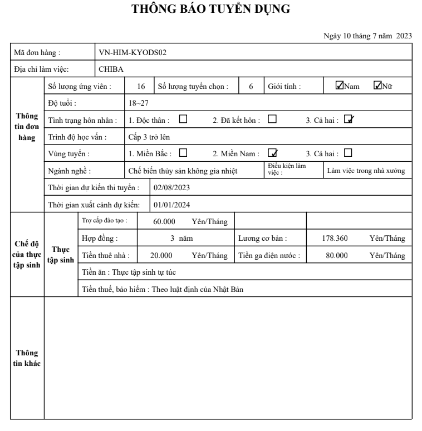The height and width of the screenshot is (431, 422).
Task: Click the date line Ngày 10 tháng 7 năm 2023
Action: click(x=367, y=36)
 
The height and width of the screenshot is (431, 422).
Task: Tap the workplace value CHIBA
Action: click(x=111, y=69)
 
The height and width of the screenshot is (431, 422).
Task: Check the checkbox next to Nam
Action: click(x=339, y=86)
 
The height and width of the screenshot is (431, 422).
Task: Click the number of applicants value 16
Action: click(x=141, y=86)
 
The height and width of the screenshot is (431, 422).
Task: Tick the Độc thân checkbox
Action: click(x=183, y=119)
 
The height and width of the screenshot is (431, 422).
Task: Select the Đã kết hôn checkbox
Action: click(x=272, y=119)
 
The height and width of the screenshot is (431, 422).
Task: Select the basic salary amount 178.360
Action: click(x=335, y=239)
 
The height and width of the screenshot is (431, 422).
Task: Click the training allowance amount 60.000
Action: click(x=165, y=221)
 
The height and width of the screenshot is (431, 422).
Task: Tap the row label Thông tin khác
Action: click(x=27, y=359)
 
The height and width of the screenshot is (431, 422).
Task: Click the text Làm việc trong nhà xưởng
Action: click(x=369, y=170)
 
